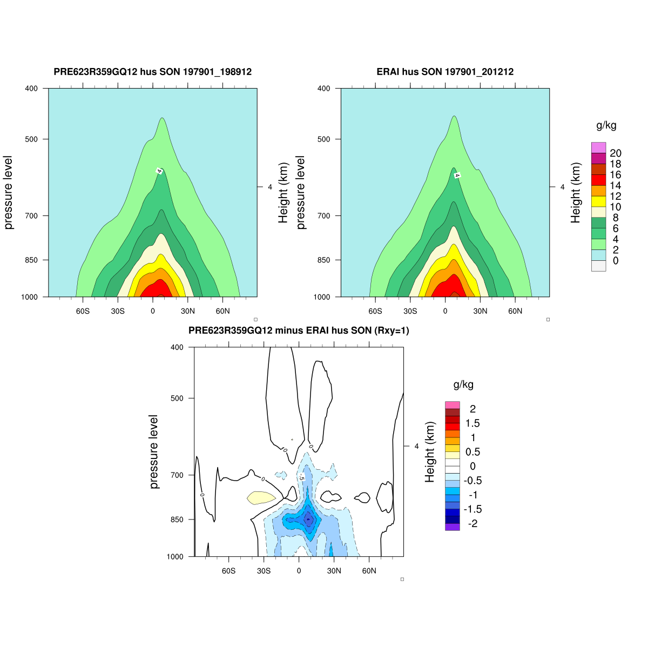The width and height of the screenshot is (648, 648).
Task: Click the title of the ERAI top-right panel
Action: (445, 72)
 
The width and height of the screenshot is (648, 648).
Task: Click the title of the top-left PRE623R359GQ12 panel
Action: (153, 72)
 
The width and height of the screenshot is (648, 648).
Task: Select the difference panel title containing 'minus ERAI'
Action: (299, 330)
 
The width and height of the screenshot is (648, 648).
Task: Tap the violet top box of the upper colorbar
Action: (598, 147)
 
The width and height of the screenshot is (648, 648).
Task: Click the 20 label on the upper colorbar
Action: (615, 153)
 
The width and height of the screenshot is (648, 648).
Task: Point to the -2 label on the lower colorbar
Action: (473, 524)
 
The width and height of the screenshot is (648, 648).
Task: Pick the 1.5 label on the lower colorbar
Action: (473, 423)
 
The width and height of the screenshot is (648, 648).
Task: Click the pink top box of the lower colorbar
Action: (453, 405)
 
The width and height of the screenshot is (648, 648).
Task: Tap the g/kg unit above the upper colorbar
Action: (606, 126)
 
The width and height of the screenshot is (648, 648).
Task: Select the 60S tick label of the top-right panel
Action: (375, 311)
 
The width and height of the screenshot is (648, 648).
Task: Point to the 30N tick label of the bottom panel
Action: (334, 571)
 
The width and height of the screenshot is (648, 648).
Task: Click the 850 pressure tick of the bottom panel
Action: (177, 519)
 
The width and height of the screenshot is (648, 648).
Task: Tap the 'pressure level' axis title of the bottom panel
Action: (154, 452)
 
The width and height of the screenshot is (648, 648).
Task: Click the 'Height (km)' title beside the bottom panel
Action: (430, 452)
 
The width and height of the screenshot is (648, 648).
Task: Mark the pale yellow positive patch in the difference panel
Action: (261, 497)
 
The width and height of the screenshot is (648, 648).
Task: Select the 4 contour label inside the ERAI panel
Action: (457, 175)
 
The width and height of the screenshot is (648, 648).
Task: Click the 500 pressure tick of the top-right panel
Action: (323, 139)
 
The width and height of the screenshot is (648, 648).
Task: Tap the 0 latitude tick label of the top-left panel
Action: (153, 311)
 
